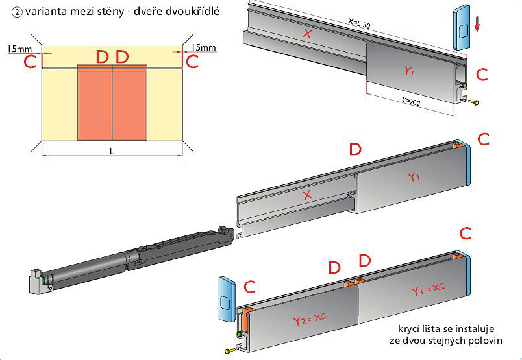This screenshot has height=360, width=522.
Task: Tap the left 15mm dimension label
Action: (17, 48)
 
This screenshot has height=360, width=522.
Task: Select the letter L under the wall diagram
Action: (112, 150)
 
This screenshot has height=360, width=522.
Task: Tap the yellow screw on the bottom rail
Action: (230, 351)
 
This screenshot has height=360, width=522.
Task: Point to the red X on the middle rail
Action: (308, 194)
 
